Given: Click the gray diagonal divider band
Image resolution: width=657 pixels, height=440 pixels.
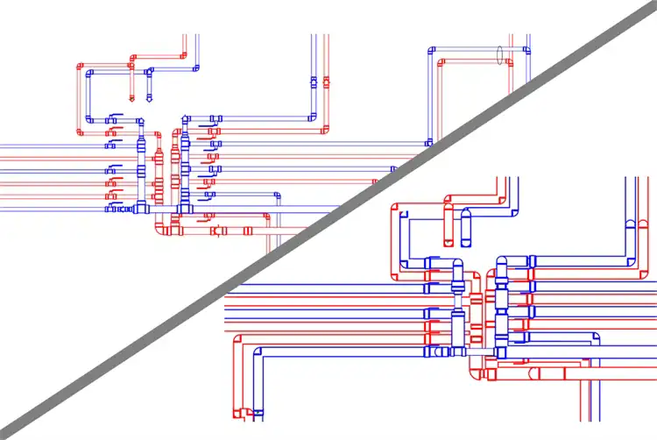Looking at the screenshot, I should click(328, 220).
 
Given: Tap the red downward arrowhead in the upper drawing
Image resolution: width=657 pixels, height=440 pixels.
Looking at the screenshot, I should click(132, 99).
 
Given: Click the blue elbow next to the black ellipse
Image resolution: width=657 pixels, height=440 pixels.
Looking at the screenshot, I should click(527, 50).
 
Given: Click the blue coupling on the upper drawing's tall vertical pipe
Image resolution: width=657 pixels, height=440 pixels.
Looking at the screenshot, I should click(313, 83).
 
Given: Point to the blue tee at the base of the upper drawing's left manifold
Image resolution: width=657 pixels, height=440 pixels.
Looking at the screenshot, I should click(141, 209).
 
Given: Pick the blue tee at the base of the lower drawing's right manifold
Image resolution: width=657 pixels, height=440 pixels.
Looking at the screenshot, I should click(500, 351).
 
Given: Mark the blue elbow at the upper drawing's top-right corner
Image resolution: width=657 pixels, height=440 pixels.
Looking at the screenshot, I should click(527, 50).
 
